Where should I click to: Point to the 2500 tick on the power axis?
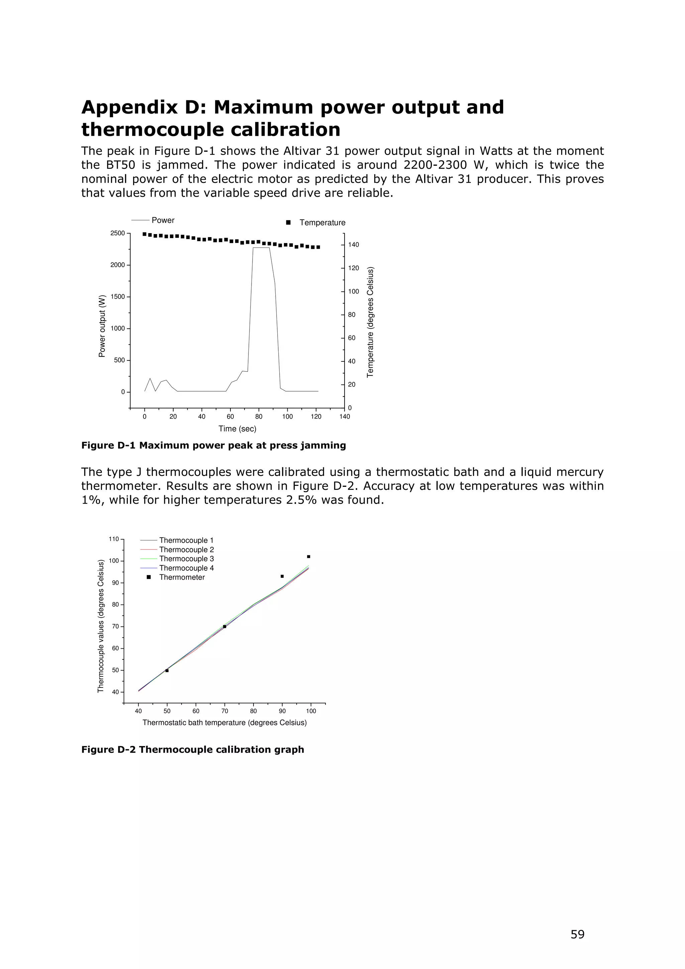pos(117,233)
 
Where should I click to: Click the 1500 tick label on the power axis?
pos(117,297)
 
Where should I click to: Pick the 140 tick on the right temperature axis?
pos(353,245)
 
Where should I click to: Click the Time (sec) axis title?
pos(237,429)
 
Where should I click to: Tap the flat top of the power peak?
pos(261,248)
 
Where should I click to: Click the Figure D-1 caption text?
pos(214,445)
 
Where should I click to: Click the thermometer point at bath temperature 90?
pos(282,576)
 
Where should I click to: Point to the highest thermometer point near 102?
pos(308,557)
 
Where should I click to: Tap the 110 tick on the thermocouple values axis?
pos(113,539)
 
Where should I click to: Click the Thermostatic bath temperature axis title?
pos(224,723)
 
